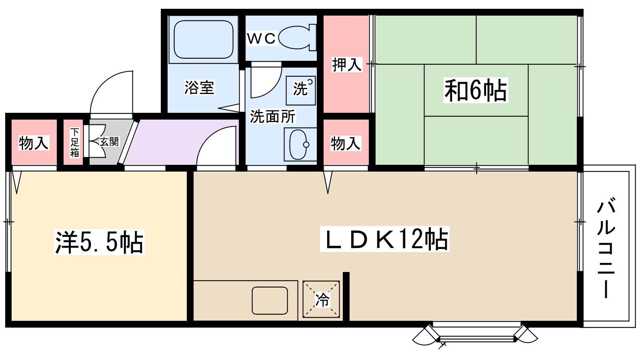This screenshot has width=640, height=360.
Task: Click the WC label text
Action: click(261, 38)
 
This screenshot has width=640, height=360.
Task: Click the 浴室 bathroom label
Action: click(199, 87)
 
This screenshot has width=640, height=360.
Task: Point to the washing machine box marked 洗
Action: click(301, 90)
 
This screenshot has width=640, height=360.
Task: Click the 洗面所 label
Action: click(272, 116)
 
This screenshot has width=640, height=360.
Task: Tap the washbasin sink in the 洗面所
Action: click(298, 144)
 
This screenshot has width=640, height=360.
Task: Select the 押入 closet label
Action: click(347, 64)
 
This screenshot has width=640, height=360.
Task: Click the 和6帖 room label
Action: click(476, 90)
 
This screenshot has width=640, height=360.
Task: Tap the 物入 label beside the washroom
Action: click(346, 143)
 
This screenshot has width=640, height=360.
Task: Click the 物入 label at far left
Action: click(34, 142)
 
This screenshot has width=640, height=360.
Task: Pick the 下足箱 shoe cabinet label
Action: click(75, 142)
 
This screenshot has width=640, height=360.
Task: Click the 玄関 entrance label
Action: click(109, 142)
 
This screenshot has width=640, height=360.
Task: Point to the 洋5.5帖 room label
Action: click(99, 242)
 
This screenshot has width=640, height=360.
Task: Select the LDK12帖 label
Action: click(385, 239)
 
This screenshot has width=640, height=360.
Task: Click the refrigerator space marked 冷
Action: click(321, 299)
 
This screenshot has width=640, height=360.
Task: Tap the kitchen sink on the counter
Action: click(270, 300)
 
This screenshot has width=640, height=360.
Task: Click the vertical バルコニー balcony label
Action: click(606, 248)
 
